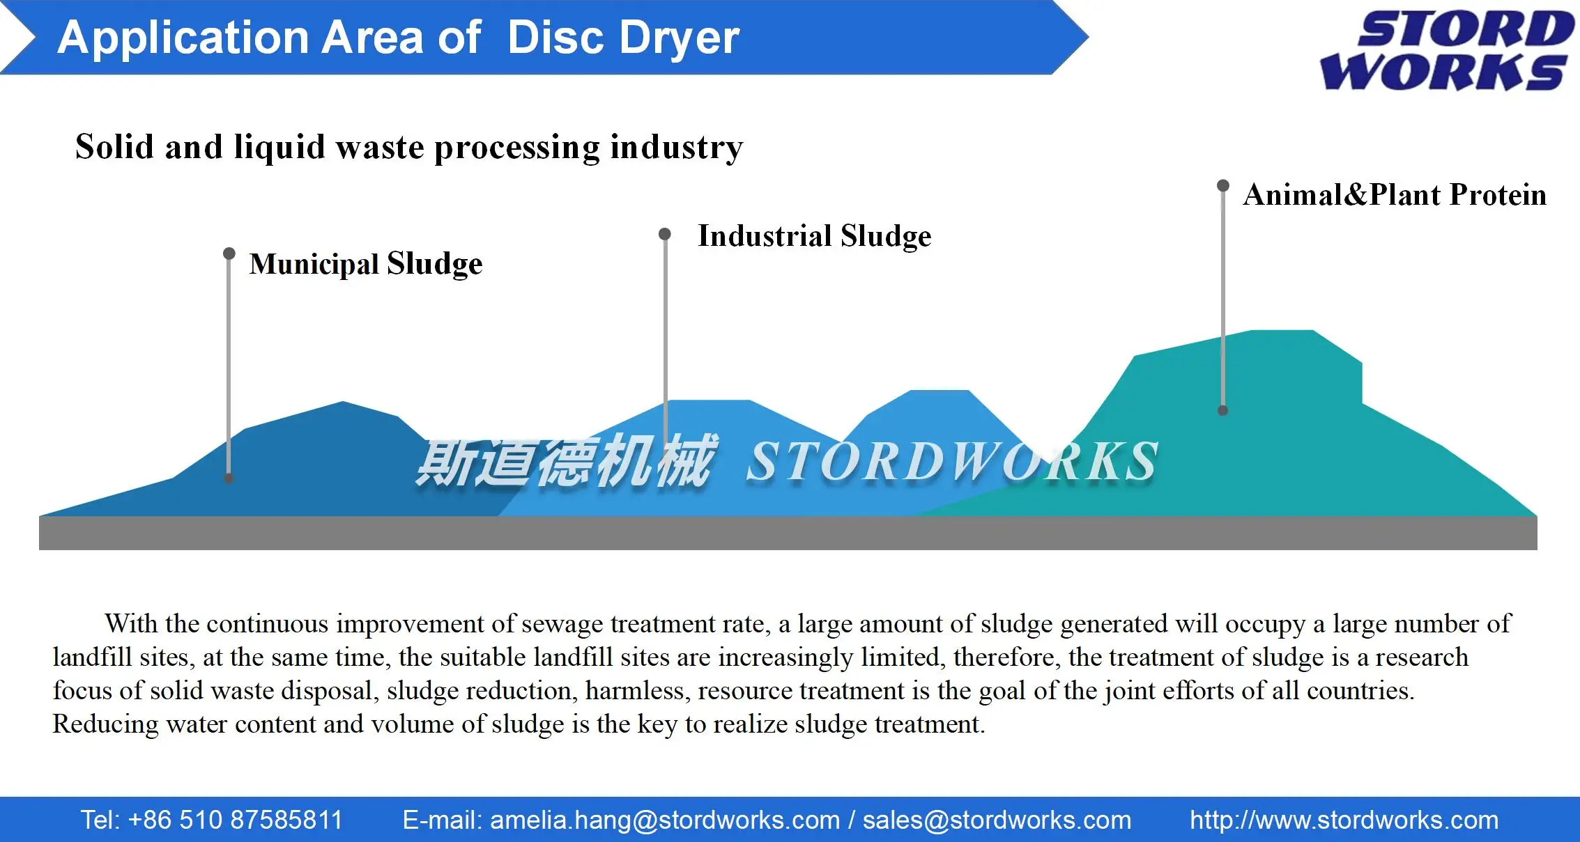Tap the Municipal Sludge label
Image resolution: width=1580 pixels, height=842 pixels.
(366, 264)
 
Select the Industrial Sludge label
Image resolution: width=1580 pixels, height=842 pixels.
(814, 236)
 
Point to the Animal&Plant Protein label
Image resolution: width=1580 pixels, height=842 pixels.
(1395, 195)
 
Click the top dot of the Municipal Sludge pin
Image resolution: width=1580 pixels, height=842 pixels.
(229, 253)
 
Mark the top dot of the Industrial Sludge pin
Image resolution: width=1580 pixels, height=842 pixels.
(665, 234)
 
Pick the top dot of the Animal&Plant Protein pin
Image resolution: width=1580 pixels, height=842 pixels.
(1222, 185)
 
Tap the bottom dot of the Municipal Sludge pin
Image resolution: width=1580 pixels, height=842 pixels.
(229, 478)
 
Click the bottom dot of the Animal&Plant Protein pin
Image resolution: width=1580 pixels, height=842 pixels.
(1222, 411)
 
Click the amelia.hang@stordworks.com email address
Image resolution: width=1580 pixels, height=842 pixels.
(665, 820)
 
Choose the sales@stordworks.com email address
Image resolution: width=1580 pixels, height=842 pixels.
(997, 820)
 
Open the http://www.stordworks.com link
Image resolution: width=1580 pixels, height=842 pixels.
(1344, 820)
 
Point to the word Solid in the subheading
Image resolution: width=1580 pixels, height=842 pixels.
(114, 147)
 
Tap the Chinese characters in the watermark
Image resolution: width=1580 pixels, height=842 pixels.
(565, 460)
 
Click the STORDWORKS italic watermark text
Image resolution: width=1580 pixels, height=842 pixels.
(952, 461)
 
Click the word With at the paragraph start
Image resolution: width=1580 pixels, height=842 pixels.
(131, 623)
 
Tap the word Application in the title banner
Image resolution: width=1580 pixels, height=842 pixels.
(183, 38)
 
